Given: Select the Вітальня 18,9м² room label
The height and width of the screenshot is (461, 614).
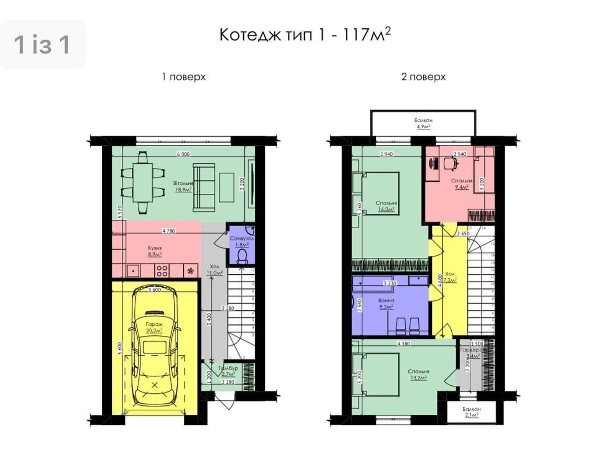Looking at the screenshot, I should (x=183, y=186).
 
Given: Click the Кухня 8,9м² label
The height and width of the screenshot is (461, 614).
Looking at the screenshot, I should (x=155, y=251).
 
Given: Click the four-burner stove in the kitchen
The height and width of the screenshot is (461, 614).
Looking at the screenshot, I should (x=162, y=270).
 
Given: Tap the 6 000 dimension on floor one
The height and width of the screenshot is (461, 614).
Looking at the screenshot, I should (x=183, y=154).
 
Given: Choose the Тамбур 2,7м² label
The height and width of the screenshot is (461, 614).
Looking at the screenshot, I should (x=228, y=371).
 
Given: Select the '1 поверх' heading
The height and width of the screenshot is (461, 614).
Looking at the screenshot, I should (x=183, y=77).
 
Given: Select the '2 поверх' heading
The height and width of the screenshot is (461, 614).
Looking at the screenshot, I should (x=423, y=77).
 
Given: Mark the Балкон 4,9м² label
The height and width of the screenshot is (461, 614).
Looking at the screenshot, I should (x=423, y=123).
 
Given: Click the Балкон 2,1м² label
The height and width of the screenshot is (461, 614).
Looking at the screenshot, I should (x=471, y=412).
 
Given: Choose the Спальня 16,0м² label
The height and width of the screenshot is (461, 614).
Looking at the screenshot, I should (x=386, y=206).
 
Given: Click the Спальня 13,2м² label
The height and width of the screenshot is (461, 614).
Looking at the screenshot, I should (x=418, y=374).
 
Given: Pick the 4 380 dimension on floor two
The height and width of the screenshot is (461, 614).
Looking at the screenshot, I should (x=403, y=344).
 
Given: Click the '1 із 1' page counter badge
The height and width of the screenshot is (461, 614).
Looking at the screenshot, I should (x=42, y=45).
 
